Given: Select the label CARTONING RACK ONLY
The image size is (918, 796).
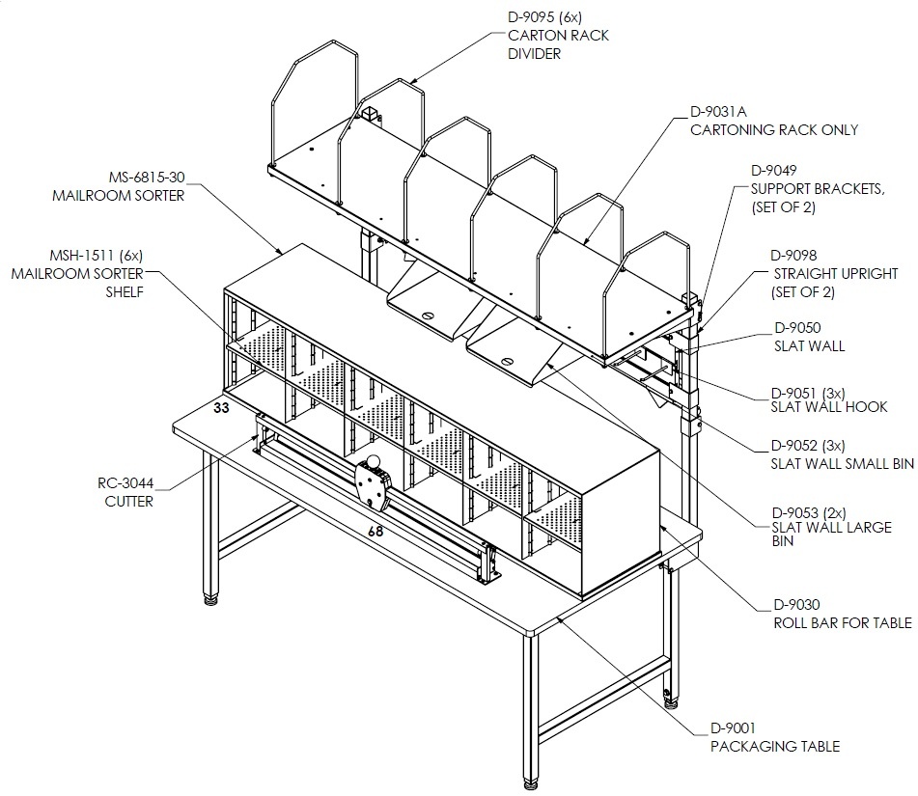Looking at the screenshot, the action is [x=774, y=129].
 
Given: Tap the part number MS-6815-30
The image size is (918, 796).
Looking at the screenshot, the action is [x=147, y=177].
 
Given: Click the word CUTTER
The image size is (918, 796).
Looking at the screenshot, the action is [x=128, y=502].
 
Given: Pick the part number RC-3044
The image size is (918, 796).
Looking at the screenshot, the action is [x=125, y=482].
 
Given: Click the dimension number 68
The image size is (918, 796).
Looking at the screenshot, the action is [x=376, y=531].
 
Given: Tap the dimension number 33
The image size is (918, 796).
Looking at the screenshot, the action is [x=221, y=407].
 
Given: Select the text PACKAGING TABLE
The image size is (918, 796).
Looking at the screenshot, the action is [x=775, y=746].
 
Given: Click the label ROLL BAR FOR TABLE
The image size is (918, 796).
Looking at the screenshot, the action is [x=843, y=622].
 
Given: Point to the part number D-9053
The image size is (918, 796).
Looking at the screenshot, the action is [x=794, y=513].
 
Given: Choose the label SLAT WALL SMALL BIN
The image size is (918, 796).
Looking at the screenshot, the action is [x=842, y=463].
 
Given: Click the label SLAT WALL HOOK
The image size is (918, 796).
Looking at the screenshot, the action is [x=828, y=407].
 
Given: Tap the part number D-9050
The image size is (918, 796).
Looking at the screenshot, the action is [x=797, y=328].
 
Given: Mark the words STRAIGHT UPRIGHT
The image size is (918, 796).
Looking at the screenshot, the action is [x=835, y=273].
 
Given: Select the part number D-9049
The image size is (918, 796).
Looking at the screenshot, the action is [x=774, y=171].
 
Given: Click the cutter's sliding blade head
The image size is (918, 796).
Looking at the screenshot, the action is [x=373, y=480].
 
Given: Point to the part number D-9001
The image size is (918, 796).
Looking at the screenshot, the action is [x=733, y=728].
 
